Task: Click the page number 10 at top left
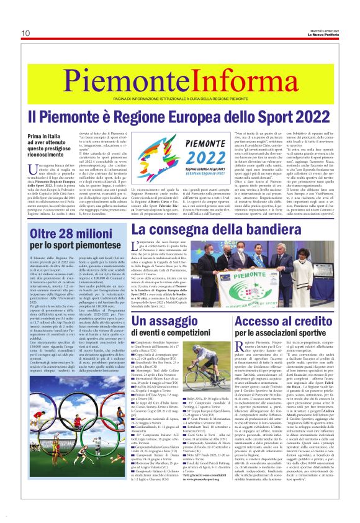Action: pos(25,33)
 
